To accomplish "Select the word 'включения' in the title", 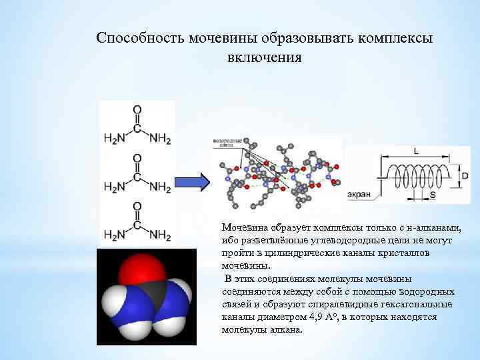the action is tap(265, 57).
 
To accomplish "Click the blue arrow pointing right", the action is tap(193, 181).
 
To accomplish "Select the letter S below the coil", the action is tap(432, 195).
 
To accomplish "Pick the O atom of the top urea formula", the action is tap(137, 109).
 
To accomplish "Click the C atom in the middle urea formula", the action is tap(137, 178).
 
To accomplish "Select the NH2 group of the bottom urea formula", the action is tap(160, 235).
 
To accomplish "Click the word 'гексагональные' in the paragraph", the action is tap(418, 305).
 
